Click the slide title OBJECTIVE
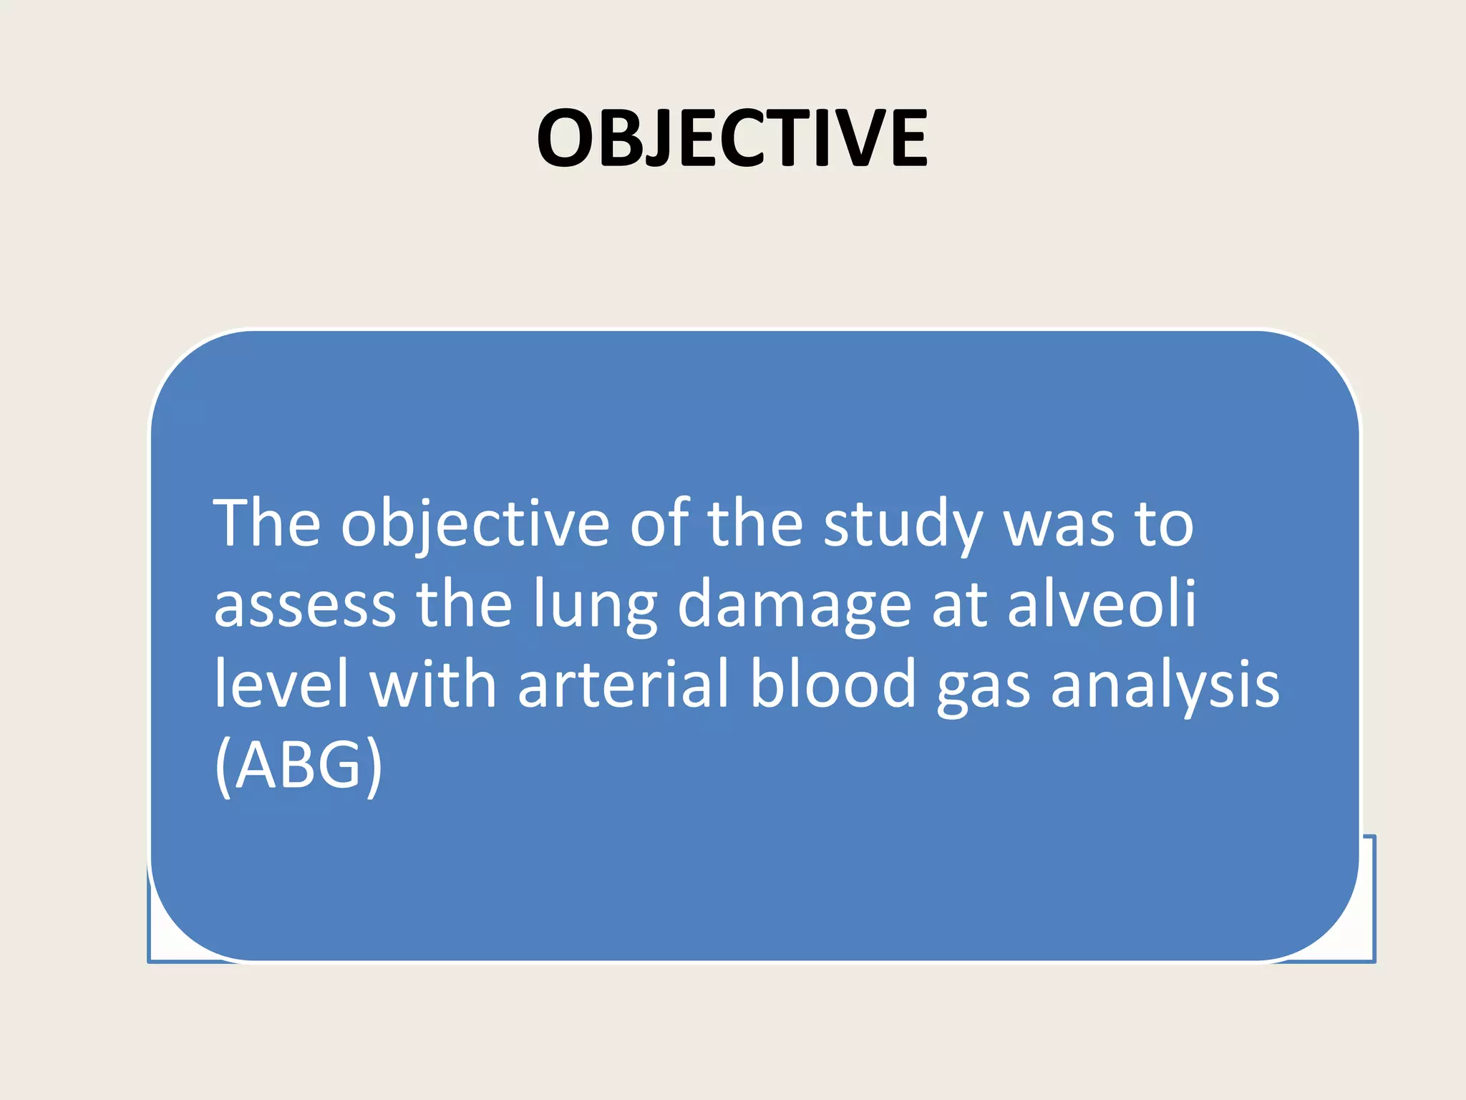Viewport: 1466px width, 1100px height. click(x=732, y=138)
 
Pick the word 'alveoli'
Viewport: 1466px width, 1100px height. click(x=1102, y=604)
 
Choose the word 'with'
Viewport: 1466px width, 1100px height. click(x=432, y=684)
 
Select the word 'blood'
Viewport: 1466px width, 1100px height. click(x=832, y=684)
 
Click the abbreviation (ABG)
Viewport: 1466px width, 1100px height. click(x=298, y=765)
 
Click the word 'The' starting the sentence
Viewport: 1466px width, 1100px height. click(x=266, y=524)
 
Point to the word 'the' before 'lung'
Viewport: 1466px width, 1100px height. click(x=464, y=604)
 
